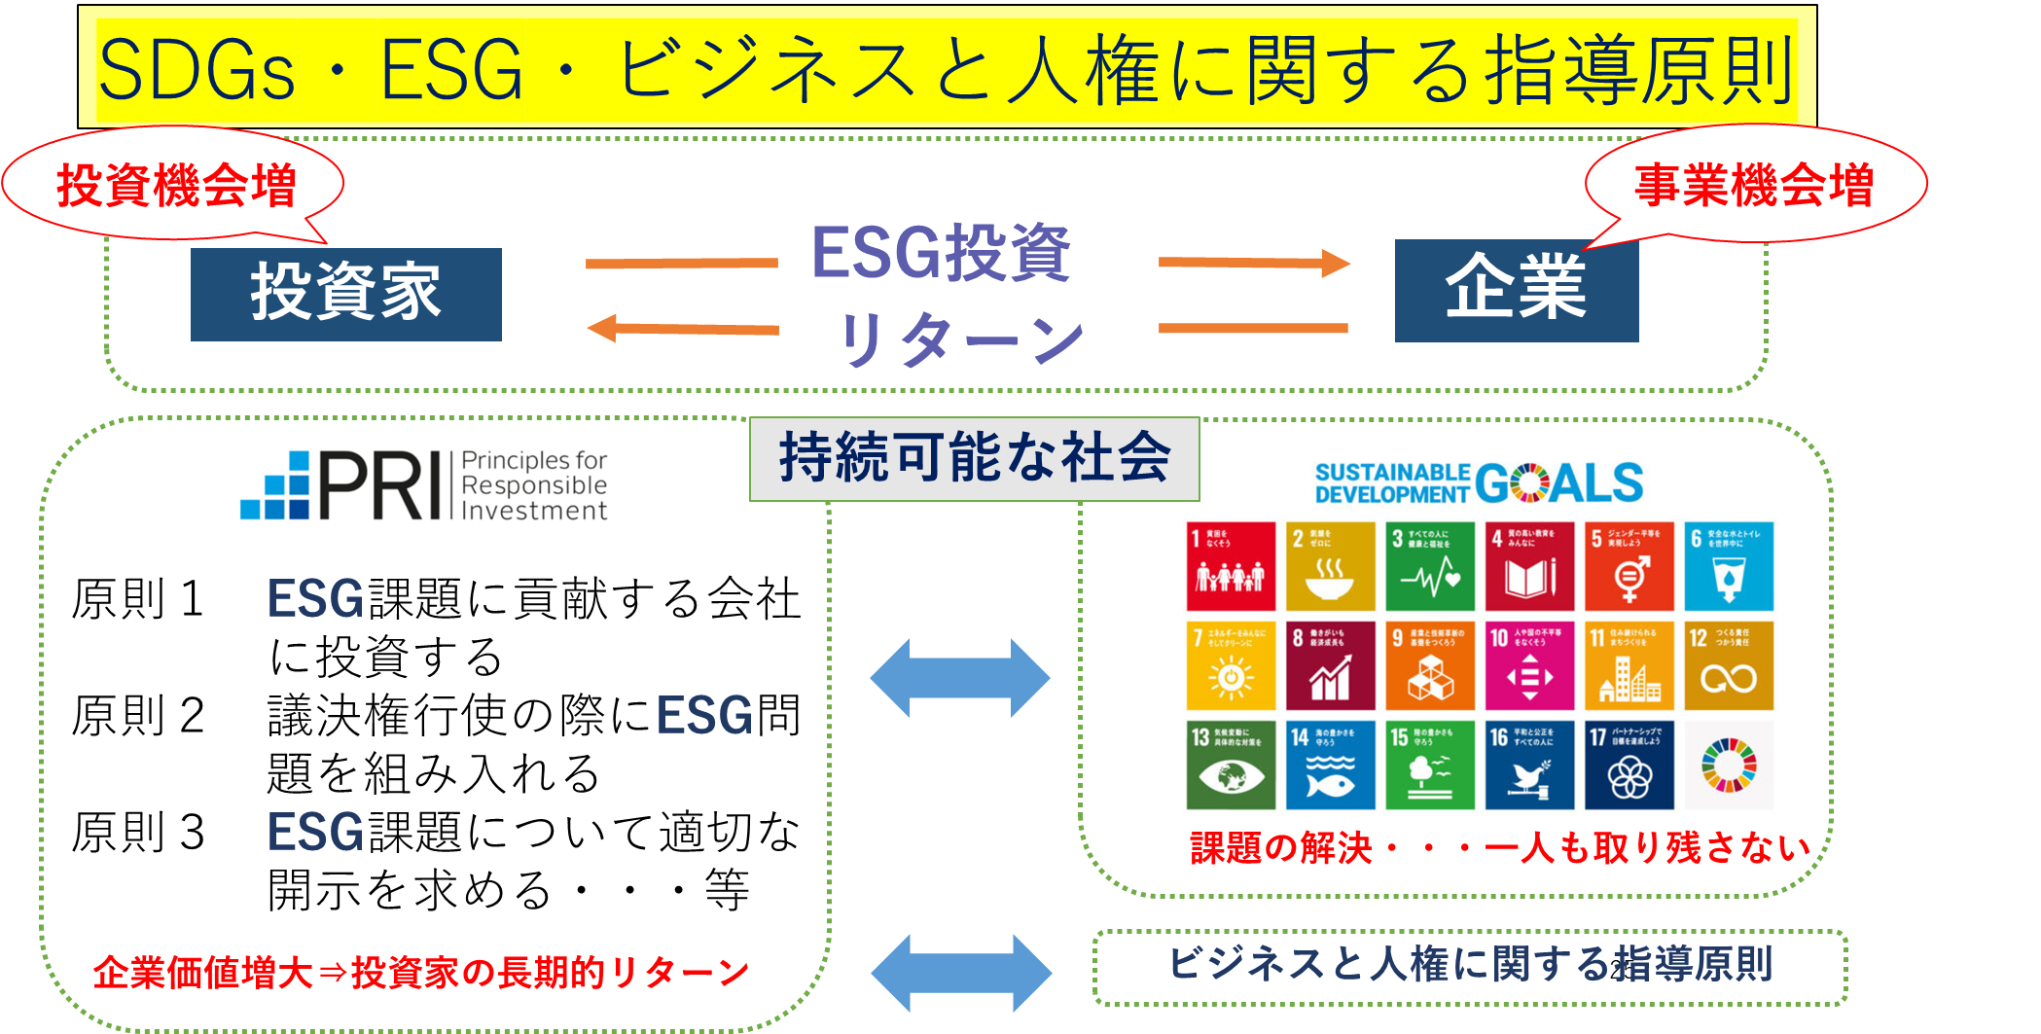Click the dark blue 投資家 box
(x=345, y=294)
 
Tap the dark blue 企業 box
(x=1516, y=290)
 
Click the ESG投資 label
(x=941, y=253)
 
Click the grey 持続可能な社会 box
(x=974, y=458)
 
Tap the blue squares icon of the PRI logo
(x=275, y=485)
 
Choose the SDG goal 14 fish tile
(x=1330, y=766)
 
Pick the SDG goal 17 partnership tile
(x=1629, y=766)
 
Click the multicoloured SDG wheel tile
(x=1729, y=766)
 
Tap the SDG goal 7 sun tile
(x=1231, y=666)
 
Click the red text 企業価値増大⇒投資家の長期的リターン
(x=420, y=972)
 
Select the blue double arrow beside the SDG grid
(x=960, y=678)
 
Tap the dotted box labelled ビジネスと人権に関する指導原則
(x=1469, y=966)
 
